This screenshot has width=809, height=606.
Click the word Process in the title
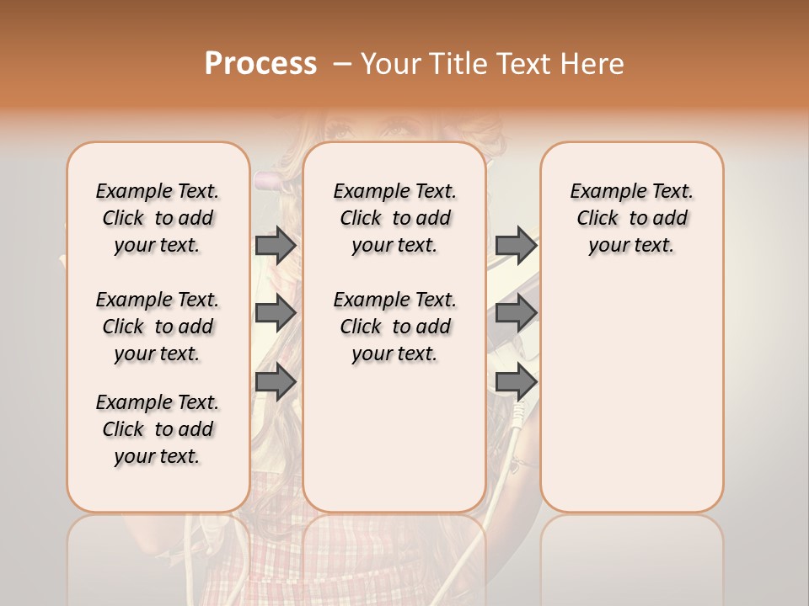(x=260, y=63)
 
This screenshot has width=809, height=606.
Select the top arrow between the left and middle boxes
(x=276, y=245)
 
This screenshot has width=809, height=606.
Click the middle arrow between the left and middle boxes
(x=276, y=313)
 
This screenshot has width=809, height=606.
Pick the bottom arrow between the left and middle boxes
(x=276, y=381)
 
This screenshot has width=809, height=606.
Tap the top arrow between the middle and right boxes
(x=516, y=245)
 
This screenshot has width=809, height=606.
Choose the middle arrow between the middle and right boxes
(x=516, y=313)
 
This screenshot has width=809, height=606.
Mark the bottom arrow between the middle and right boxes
(x=516, y=381)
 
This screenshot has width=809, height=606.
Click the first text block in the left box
(x=158, y=218)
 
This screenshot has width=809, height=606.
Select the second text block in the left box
(x=158, y=327)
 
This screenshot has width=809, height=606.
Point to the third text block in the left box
(x=158, y=429)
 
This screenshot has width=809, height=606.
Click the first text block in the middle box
(x=394, y=218)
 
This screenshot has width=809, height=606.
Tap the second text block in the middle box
(x=394, y=327)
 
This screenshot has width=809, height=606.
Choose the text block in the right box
(x=632, y=218)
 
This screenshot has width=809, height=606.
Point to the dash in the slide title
(x=342, y=64)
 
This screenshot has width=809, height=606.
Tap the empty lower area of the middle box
(x=394, y=438)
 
